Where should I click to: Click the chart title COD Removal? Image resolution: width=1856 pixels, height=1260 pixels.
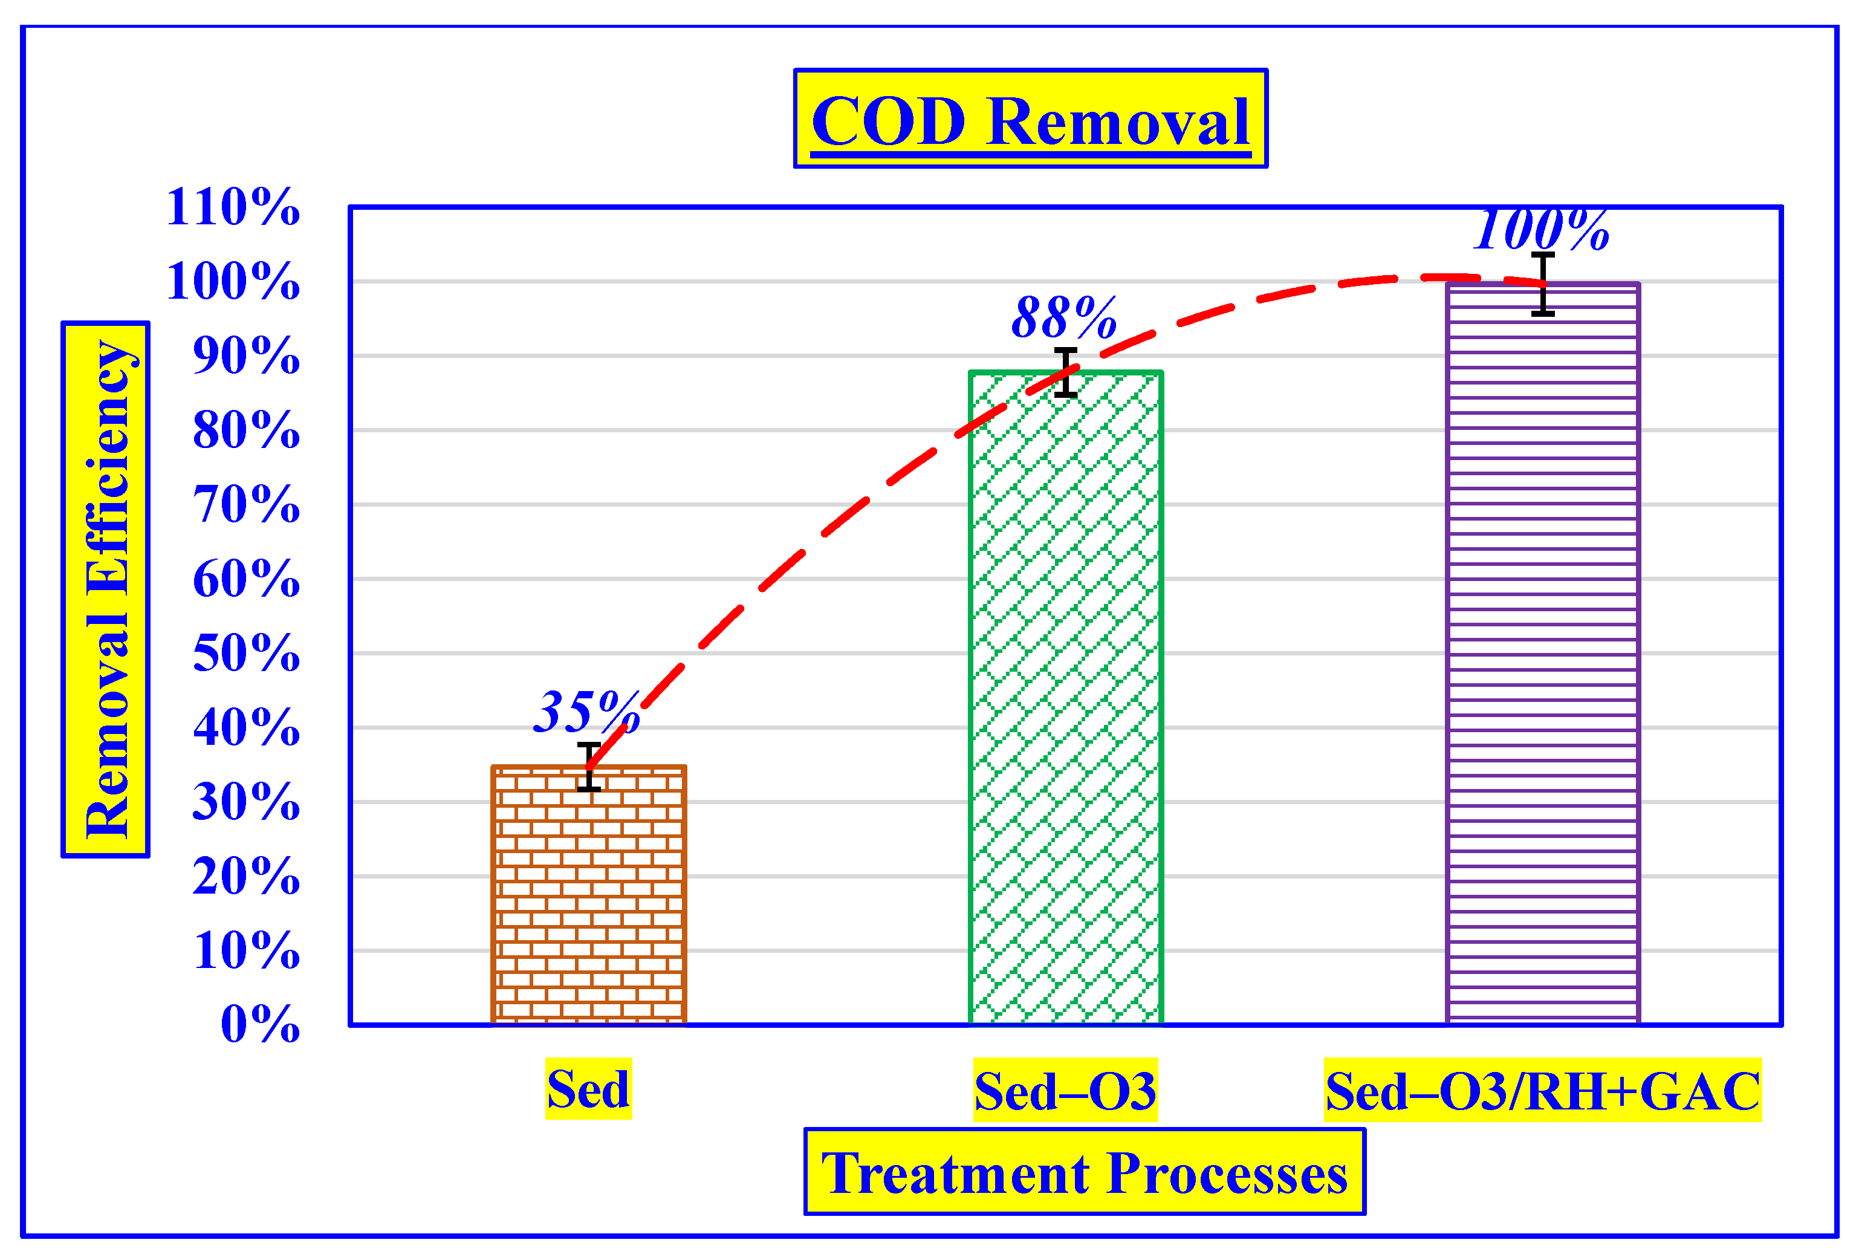[x=1030, y=120]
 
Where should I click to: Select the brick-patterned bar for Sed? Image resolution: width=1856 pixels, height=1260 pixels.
[x=589, y=894]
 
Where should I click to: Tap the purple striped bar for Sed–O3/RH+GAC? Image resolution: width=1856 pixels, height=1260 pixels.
[x=1542, y=655]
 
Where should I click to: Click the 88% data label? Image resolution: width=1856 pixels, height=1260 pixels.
[x=1064, y=318]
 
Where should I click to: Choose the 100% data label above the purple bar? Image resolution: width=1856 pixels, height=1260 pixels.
[x=1542, y=230]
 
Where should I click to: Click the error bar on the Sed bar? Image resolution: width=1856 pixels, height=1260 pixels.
[x=589, y=767]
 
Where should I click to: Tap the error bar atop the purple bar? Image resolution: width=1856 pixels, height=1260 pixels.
[x=1543, y=285]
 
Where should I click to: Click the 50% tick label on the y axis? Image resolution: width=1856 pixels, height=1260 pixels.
[x=246, y=653]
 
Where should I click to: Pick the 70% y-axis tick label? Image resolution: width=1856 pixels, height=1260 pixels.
[x=246, y=505]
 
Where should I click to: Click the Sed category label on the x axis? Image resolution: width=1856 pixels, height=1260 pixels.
[x=589, y=1088]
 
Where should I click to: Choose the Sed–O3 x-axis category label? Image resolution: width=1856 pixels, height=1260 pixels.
[x=1065, y=1091]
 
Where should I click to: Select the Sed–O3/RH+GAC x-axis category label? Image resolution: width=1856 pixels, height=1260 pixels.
[x=1542, y=1091]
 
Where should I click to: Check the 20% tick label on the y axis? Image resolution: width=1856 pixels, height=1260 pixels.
[x=246, y=876]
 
